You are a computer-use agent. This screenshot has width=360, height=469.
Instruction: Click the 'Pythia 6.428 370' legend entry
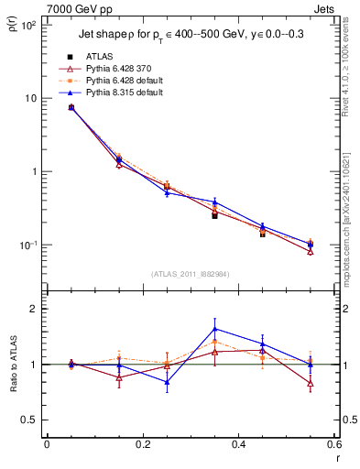(110, 69)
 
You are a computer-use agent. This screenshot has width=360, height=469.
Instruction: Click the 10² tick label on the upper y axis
(29, 25)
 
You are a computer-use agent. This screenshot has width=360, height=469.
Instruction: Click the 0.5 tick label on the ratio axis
(30, 420)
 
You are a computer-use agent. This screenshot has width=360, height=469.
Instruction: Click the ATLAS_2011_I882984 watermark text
(190, 273)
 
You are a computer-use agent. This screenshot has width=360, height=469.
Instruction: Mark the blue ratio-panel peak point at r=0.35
(214, 329)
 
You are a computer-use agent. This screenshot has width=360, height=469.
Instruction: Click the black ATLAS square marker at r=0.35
(214, 215)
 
